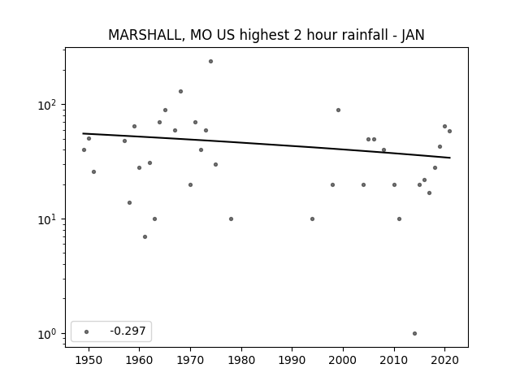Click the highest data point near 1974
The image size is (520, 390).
pyautogui.click(x=210, y=62)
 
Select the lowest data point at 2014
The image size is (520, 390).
pyautogui.click(x=414, y=334)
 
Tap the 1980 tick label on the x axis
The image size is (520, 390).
pyautogui.click(x=241, y=361)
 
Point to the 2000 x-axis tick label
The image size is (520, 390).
pyautogui.click(x=343, y=361)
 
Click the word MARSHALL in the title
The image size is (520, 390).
pyautogui.click(x=145, y=35)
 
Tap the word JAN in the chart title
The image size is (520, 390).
pyautogui.click(x=413, y=35)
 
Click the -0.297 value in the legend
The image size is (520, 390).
pyautogui.click(x=128, y=331)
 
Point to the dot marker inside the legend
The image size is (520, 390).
pyautogui.click(x=87, y=331)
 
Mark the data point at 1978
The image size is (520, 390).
pyautogui.click(x=231, y=219)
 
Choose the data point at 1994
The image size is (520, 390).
pyautogui.click(x=312, y=219)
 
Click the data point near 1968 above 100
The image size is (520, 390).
pyautogui.click(x=180, y=92)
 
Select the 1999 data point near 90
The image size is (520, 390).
pyautogui.click(x=338, y=110)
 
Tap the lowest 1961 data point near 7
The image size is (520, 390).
pyautogui.click(x=145, y=236)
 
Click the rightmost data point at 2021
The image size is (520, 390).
pyautogui.click(x=449, y=132)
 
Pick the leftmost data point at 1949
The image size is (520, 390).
pyautogui.click(x=84, y=149)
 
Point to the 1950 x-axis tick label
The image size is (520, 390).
pyautogui.click(x=89, y=361)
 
